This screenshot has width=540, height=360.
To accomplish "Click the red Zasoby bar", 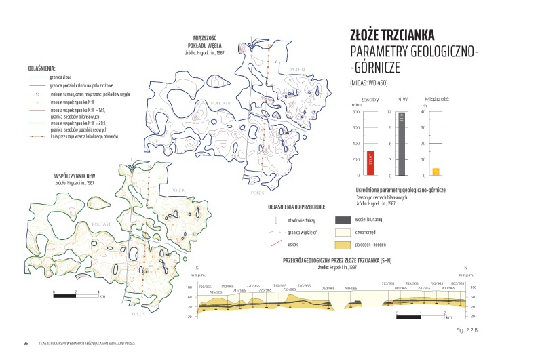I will point(370,163).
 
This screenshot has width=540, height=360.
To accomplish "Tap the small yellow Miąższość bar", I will point(436,172).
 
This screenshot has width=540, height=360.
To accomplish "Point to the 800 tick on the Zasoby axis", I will point(355,111).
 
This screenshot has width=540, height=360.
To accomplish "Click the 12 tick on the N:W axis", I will point(389,111).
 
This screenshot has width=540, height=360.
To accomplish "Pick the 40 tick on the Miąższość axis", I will point(423,111).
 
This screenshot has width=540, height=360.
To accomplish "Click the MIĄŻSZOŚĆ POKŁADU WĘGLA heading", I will point(204,42).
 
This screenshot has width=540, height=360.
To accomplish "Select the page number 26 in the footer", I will point(25,343).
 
